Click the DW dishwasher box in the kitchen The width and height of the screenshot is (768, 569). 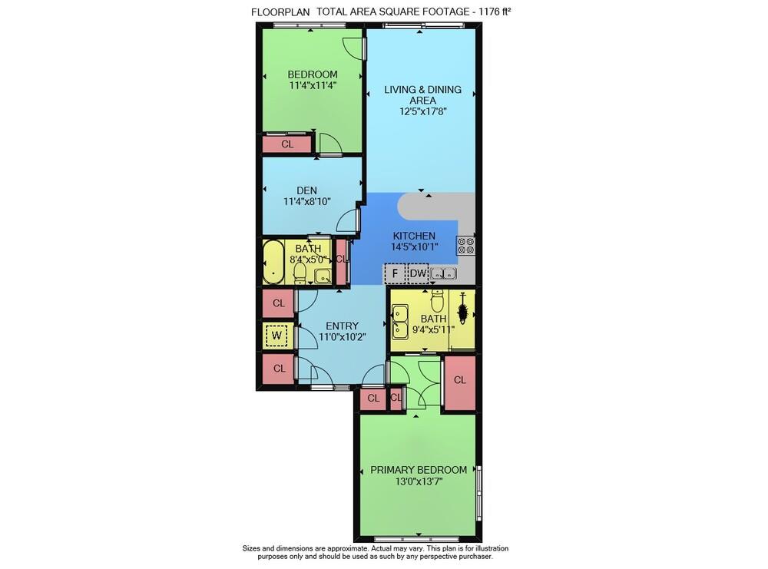click(418, 273)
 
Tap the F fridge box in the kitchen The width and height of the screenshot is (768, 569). click(394, 273)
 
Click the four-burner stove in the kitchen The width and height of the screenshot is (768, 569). click(466, 246)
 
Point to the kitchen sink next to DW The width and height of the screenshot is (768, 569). click(443, 273)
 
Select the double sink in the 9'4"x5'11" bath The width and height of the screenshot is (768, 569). click(400, 322)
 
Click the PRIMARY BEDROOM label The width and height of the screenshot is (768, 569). click(419, 470)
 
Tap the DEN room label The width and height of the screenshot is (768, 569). click(307, 190)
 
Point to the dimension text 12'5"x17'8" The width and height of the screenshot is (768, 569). click(423, 111)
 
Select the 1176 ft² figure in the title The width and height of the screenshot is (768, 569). click(492, 12)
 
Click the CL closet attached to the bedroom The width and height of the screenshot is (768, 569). click(287, 144)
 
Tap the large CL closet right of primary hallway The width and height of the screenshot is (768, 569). click(460, 380)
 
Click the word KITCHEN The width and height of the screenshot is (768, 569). click(414, 236)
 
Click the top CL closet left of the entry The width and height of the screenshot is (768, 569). click(279, 303)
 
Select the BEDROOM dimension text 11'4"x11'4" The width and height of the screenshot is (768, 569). click(313, 85)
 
